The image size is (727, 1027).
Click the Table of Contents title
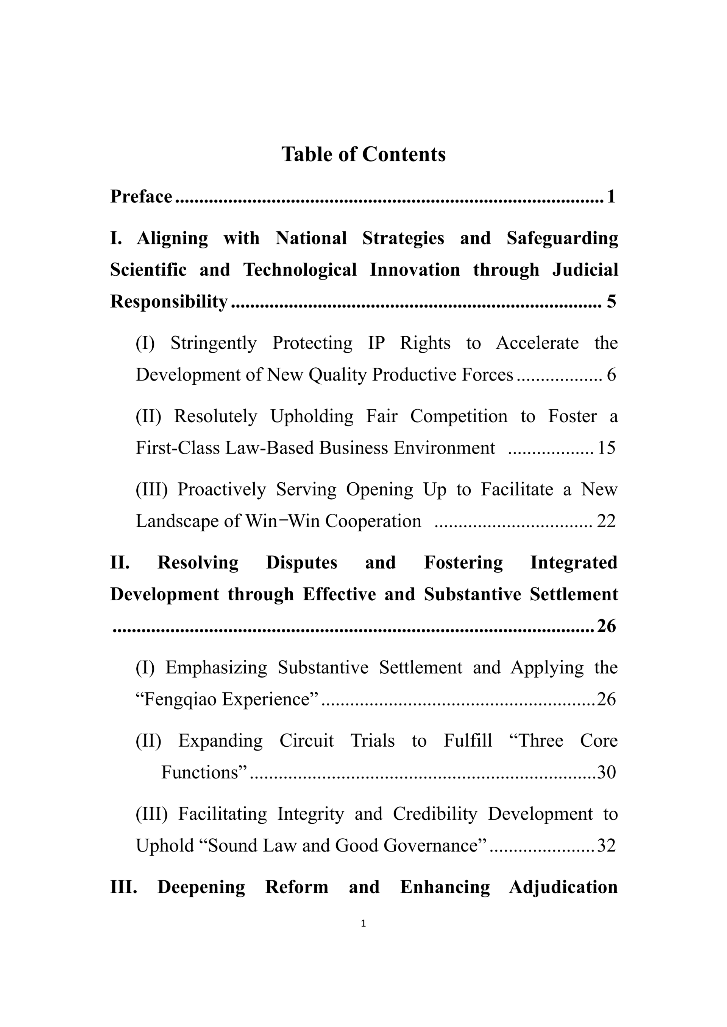(x=363, y=154)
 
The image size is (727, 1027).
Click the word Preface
(x=141, y=196)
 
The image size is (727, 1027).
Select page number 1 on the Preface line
(x=611, y=196)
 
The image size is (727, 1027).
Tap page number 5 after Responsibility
(x=611, y=301)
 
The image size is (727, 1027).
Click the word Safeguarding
(x=562, y=238)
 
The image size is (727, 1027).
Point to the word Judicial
(x=585, y=270)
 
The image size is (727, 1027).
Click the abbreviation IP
(x=376, y=343)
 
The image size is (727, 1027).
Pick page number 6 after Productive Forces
(x=612, y=375)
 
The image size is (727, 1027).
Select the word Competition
(x=459, y=416)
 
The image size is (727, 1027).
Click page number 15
(x=607, y=448)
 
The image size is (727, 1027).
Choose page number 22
(x=607, y=521)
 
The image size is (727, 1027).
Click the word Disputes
(x=302, y=563)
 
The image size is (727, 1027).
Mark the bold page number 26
(x=607, y=626)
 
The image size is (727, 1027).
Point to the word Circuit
(x=307, y=741)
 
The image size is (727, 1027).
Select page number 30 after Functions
(x=607, y=772)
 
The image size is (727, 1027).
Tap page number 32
(x=607, y=846)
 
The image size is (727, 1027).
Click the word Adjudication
(x=563, y=887)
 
